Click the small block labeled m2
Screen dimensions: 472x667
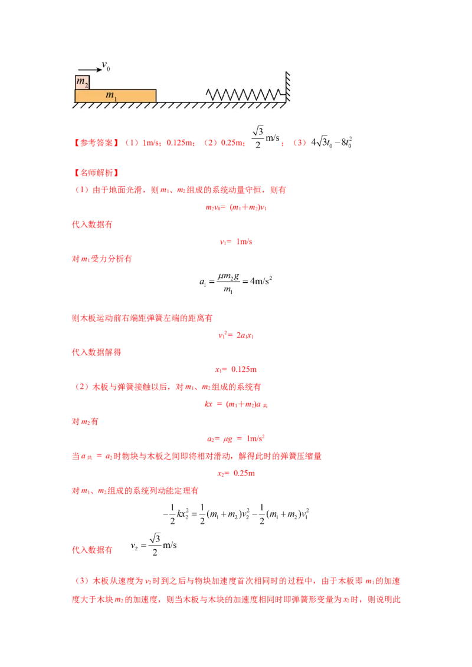82,82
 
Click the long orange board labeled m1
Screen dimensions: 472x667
116,95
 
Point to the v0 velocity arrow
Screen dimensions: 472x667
90,70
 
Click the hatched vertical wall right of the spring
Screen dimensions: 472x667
287,87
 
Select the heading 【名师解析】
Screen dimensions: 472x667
96,173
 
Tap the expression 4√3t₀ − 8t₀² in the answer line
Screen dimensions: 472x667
332,142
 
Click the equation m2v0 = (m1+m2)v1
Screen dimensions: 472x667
236,207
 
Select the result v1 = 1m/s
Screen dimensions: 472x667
236,242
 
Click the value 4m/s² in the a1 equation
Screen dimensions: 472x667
261,281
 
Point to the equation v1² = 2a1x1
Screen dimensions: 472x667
236,335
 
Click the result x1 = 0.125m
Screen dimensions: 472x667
236,369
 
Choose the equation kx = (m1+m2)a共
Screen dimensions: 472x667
236,404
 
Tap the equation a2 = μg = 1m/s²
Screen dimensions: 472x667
236,438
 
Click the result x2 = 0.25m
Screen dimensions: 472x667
236,474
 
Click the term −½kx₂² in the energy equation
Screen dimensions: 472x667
176,514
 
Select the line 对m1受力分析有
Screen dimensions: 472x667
102,259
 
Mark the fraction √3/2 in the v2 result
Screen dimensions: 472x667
155,544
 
